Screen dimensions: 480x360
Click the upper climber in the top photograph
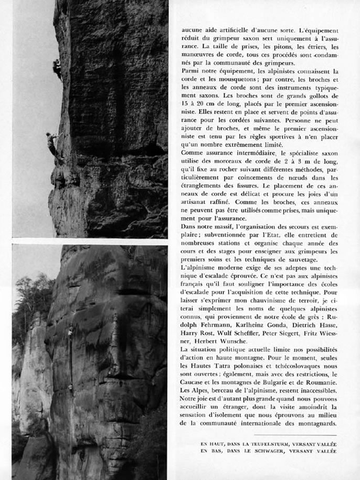point(56,67)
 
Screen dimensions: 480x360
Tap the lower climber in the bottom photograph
point(70,388)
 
